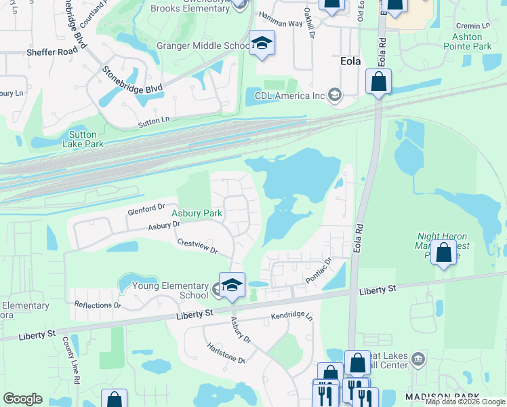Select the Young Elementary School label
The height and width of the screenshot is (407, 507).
170,290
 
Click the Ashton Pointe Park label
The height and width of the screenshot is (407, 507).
467,41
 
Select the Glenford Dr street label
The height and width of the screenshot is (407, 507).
146,210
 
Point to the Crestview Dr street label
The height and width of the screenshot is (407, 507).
197,246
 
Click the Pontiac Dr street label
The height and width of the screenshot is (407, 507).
318,269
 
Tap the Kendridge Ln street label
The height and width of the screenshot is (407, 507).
292,317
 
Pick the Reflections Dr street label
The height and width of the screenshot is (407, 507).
98,305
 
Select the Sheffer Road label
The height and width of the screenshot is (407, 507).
52,52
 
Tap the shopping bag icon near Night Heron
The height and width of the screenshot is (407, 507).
443,253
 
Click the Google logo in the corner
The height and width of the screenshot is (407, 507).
22,399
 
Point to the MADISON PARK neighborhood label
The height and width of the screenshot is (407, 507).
442,396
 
